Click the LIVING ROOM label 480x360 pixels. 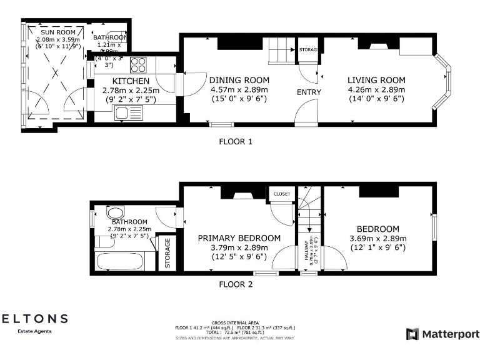pos(376,80)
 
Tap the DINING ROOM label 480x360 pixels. pos(239,80)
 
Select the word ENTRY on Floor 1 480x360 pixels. pos(309,92)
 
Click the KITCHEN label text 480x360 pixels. pos(131,81)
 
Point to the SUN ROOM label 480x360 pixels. pos(58,32)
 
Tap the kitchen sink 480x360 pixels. pos(122,112)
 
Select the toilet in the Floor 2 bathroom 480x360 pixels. pos(116,212)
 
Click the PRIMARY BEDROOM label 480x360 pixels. pos(239,238)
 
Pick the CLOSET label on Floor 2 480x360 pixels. pos(282,194)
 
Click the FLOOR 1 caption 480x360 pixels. pos(236,141)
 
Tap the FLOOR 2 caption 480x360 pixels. pos(236,284)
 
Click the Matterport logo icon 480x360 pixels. pos(412,334)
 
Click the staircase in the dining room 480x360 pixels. pos(280,50)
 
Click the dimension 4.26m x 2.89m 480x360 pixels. pos(376,89)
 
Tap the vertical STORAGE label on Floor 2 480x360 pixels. pos(167,252)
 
